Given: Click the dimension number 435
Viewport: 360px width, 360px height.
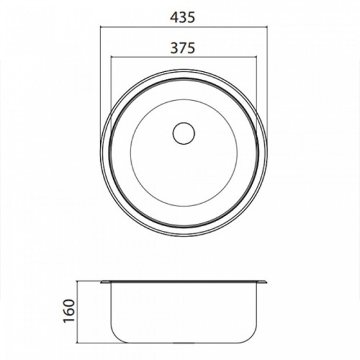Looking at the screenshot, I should [x=183, y=19].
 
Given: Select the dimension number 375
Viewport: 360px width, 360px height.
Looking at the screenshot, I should [x=183, y=48].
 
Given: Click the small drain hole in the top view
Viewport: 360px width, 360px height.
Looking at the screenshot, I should [x=184, y=132].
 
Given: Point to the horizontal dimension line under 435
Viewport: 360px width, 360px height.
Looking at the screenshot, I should [x=183, y=27].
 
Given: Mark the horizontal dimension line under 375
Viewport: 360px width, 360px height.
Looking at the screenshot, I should [x=183, y=56].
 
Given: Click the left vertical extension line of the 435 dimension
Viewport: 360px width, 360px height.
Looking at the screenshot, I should [x=100, y=77].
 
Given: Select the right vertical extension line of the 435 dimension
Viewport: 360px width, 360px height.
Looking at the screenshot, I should [x=267, y=77].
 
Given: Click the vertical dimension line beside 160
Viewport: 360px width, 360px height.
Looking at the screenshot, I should [x=78, y=312].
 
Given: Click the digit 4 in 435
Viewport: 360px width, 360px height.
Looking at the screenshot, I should [x=174, y=19].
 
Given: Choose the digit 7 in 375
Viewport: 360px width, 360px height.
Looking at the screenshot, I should [x=183, y=48].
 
